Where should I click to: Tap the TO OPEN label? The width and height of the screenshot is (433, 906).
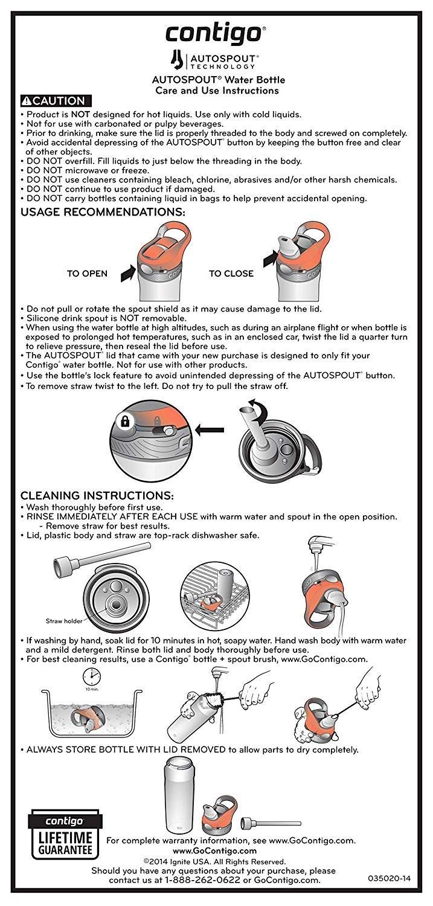[87, 274]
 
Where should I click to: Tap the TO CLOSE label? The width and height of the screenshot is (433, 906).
[231, 274]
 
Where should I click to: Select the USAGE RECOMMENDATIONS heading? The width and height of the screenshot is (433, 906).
[103, 213]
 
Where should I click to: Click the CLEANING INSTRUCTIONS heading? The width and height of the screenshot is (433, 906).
[97, 496]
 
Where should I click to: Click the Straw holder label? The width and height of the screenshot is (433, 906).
[63, 620]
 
